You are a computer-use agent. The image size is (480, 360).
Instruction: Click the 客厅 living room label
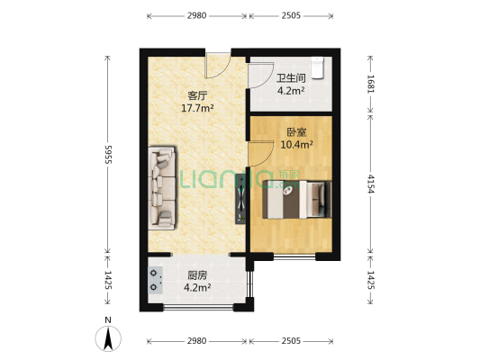point(198,94)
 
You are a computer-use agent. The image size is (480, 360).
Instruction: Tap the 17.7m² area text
point(198,108)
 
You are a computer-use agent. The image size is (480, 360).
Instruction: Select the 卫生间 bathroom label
point(290,78)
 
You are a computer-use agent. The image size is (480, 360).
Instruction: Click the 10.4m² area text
point(294,144)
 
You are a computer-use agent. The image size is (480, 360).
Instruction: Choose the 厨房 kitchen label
point(197,275)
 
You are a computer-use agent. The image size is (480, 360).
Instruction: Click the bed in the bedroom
point(297,200)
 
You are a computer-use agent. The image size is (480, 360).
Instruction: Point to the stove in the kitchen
point(156,281)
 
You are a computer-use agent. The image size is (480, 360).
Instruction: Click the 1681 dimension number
point(370,84)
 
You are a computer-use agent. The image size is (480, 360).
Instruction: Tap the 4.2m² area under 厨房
point(197,288)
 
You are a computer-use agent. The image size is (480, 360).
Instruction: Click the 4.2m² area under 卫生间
point(290,91)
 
